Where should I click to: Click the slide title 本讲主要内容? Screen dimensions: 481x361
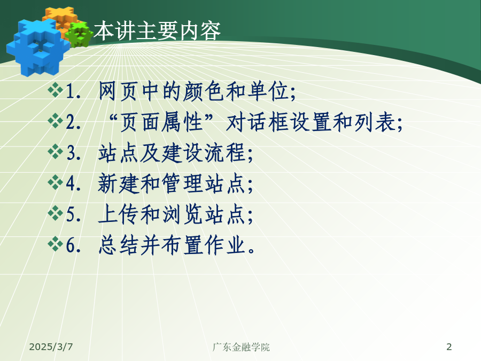(x=157, y=30)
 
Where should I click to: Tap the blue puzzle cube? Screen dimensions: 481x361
(x=37, y=47)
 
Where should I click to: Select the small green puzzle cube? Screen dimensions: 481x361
(x=80, y=35)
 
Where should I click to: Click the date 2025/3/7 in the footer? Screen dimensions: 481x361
(x=51, y=347)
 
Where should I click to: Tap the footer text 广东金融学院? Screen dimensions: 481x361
(x=241, y=347)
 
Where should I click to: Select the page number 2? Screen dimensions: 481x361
(x=449, y=347)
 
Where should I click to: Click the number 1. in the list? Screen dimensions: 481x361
(x=74, y=91)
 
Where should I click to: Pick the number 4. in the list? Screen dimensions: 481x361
(x=74, y=183)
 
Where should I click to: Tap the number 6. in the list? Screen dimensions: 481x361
(x=74, y=245)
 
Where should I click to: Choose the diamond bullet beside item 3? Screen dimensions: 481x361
(x=55, y=151)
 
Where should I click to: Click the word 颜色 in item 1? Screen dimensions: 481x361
(x=204, y=91)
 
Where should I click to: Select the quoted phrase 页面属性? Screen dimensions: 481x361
(x=161, y=122)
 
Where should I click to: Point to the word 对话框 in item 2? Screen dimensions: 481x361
(x=257, y=122)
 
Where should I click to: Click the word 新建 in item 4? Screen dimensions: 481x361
(x=119, y=183)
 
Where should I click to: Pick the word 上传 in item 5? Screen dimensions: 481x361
(x=119, y=214)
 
